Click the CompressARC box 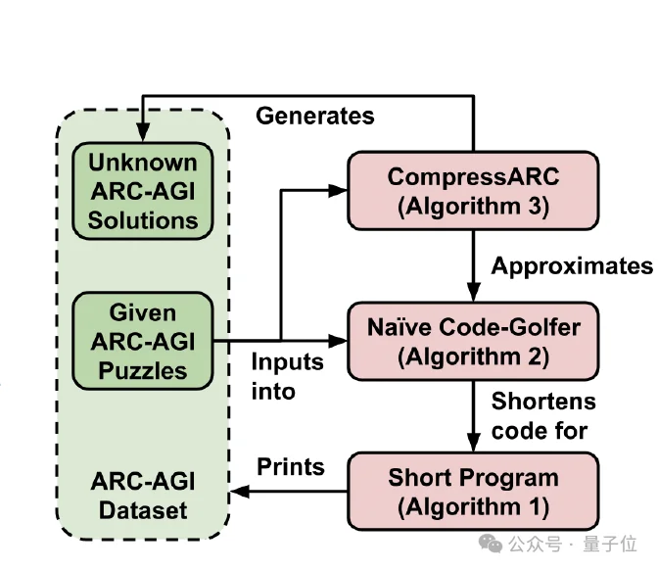[473, 192]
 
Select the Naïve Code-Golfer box [473, 342]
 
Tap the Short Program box [473, 493]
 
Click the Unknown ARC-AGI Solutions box [143, 192]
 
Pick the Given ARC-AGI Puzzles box [143, 342]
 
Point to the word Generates [314, 116]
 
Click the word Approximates [571, 266]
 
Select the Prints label [291, 466]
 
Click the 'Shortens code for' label [542, 416]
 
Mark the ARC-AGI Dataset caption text [143, 496]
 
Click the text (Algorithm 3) [473, 207]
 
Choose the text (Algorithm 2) [473, 357]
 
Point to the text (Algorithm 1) [473, 507]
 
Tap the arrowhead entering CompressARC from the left [342, 191]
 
